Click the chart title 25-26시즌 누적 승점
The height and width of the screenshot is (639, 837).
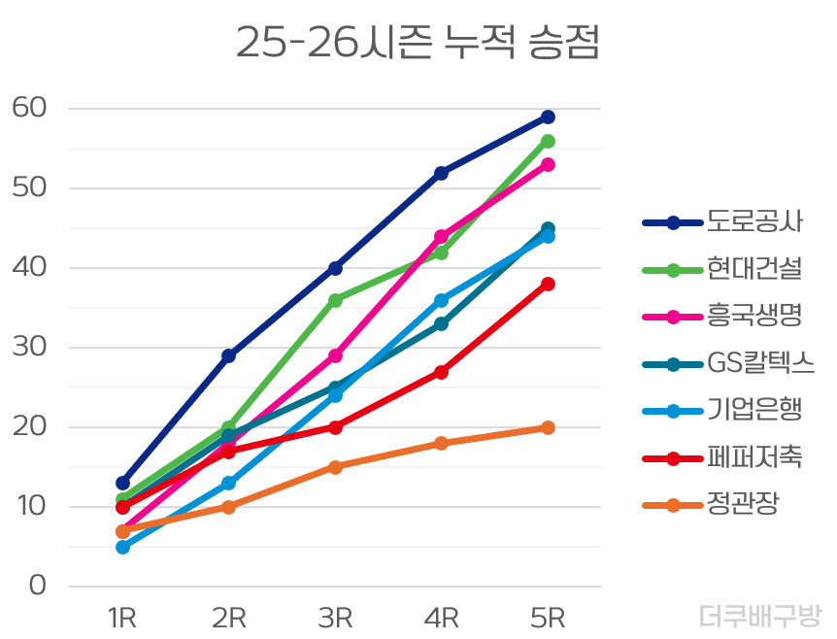pyautogui.click(x=418, y=44)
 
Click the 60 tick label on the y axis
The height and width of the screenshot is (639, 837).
pyautogui.click(x=29, y=108)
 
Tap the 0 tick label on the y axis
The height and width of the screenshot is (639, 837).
pyautogui.click(x=38, y=586)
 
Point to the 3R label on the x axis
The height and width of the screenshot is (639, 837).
pyautogui.click(x=335, y=618)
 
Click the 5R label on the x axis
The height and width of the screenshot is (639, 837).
pyautogui.click(x=548, y=618)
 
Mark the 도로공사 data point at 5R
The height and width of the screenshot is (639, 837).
pyautogui.click(x=548, y=117)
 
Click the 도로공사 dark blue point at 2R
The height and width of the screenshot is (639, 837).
pyautogui.click(x=228, y=355)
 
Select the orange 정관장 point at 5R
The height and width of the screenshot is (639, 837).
pyautogui.click(x=548, y=427)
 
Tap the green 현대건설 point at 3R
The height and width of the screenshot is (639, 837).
pyautogui.click(x=335, y=300)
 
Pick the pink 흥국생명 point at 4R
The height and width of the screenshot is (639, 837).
pyautogui.click(x=441, y=236)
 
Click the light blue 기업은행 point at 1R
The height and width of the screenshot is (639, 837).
pyautogui.click(x=122, y=547)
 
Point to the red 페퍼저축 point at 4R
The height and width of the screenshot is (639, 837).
pyautogui.click(x=441, y=372)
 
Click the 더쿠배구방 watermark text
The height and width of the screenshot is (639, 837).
pyautogui.click(x=760, y=616)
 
